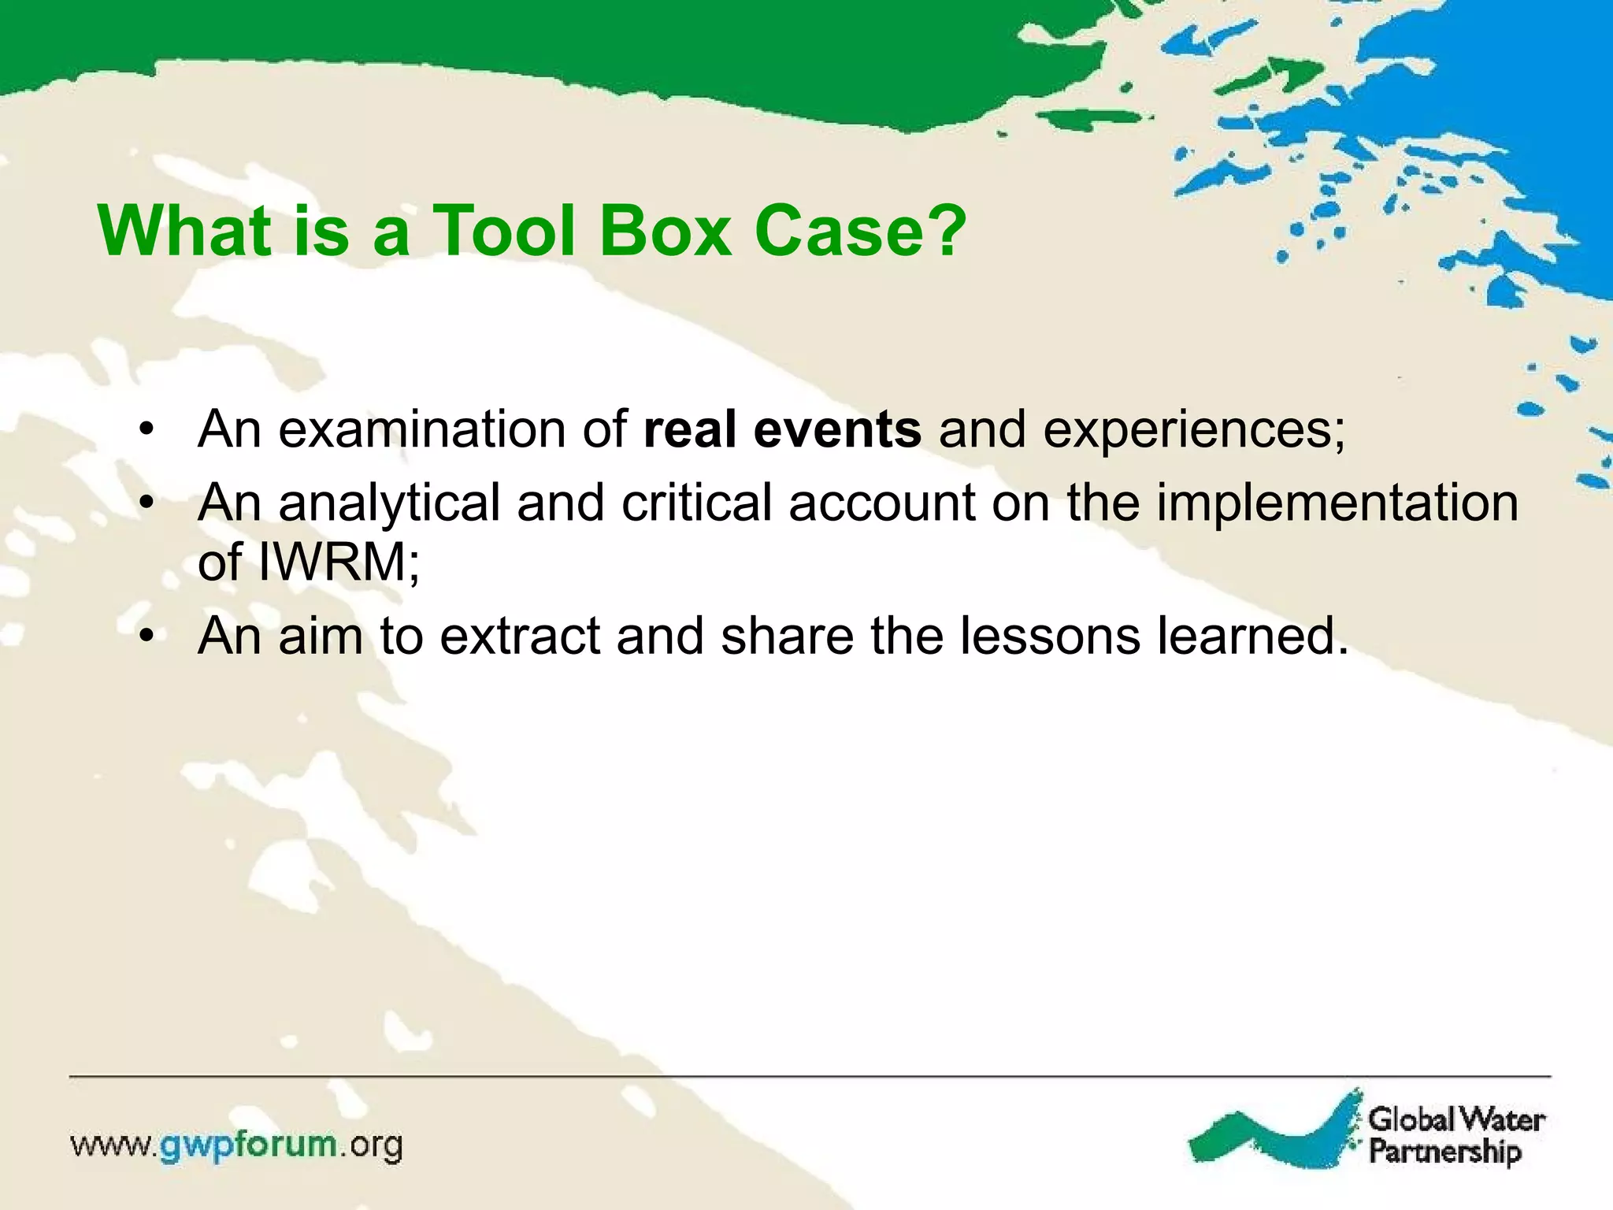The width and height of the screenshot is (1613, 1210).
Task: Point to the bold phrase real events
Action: click(x=782, y=429)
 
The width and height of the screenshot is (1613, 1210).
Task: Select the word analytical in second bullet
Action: click(x=389, y=503)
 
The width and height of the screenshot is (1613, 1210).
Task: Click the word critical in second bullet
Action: click(x=696, y=502)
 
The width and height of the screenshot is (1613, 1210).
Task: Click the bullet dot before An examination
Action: click(x=146, y=430)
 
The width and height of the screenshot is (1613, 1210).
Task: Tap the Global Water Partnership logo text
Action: click(x=1455, y=1135)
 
